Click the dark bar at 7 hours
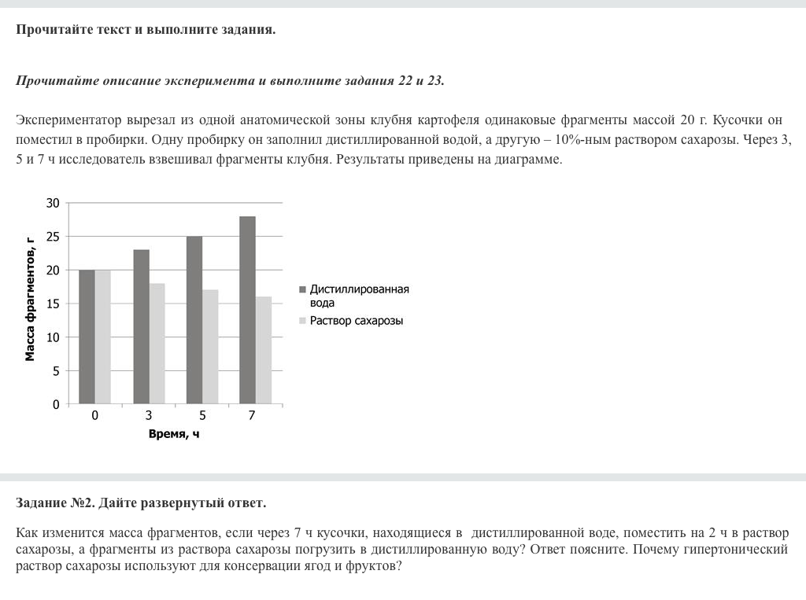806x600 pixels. pos(247,311)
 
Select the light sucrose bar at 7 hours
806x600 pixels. pos(263,351)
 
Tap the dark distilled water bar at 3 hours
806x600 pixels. pos(141,327)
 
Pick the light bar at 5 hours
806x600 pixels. pos(210,347)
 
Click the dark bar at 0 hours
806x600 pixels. pos(87,337)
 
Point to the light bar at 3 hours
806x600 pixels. pos(157,344)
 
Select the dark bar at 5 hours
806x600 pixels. pos(194,320)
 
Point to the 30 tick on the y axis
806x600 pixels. pos(53,203)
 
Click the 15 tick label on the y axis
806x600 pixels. pos(53,304)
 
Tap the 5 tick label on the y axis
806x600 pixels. pos(56,370)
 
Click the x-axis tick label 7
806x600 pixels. pos(252,415)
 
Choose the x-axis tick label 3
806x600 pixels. pos(148,415)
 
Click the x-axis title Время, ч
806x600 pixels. pos(174,433)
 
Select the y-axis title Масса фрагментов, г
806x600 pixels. pos(30,299)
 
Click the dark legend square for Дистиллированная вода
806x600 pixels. pos(302,289)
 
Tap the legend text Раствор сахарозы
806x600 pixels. pos(356,321)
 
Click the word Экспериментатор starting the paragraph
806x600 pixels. pos(69,120)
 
